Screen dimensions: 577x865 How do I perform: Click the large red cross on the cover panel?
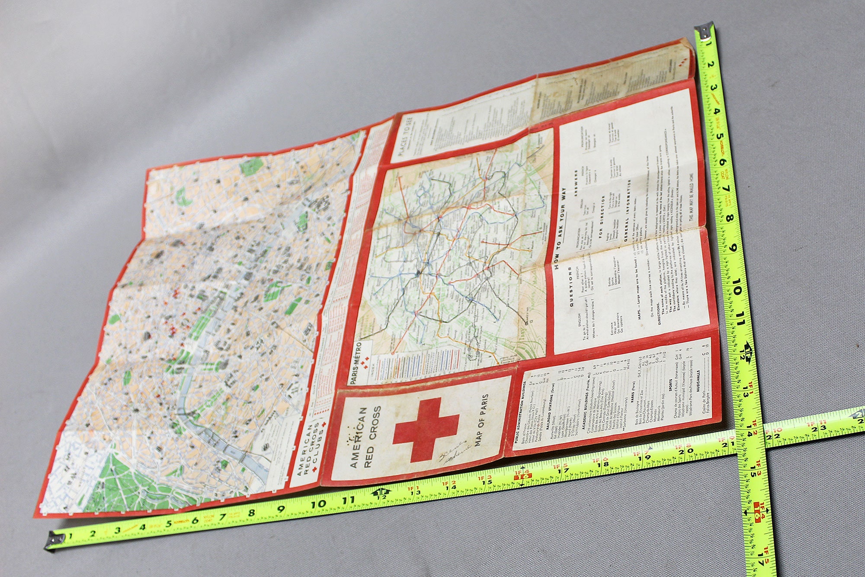(x=426, y=428)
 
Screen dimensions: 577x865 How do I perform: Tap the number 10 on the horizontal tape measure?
(x=318, y=504)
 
